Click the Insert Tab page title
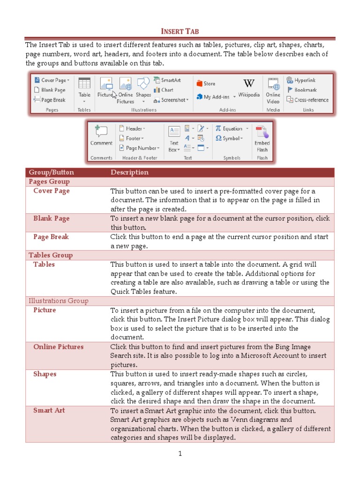tap(180, 31)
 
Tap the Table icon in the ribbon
tap(84, 83)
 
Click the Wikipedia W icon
tap(249, 83)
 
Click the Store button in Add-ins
tap(206, 83)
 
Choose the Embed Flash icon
tap(262, 132)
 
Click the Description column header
tap(129, 172)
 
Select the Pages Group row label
tap(49, 181)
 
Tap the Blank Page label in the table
tap(51, 218)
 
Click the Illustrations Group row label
tap(59, 301)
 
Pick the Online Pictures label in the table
tap(58, 347)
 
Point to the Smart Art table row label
tap(49, 411)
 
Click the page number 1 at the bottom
tap(180, 453)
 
